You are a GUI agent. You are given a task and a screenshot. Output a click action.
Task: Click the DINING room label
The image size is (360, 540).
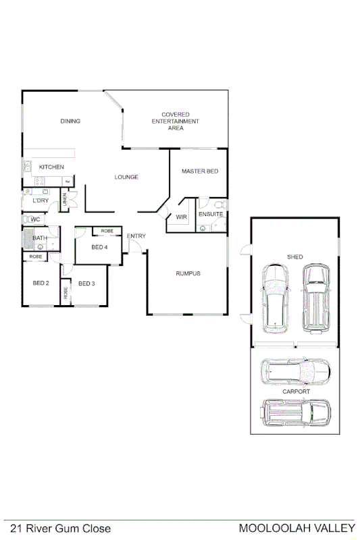(x=70, y=122)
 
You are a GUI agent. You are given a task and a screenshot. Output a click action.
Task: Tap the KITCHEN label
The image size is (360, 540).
(x=51, y=167)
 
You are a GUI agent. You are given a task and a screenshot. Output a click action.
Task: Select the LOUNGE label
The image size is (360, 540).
(x=126, y=177)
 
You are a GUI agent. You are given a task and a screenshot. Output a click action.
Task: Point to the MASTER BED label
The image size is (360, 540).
(x=200, y=171)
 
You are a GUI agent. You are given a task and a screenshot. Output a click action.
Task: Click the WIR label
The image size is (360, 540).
(x=181, y=217)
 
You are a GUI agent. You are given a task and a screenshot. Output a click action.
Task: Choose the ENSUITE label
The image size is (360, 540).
(x=211, y=214)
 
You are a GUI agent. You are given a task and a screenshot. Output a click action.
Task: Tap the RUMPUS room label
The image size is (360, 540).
(x=188, y=273)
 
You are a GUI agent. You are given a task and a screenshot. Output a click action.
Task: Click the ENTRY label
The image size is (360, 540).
(x=136, y=236)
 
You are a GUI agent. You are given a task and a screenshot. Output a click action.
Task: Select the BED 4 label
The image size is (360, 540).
(x=100, y=247)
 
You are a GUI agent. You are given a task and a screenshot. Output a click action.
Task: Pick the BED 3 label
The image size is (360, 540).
(x=86, y=283)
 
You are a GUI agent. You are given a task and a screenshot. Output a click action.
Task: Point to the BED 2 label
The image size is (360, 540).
(x=41, y=283)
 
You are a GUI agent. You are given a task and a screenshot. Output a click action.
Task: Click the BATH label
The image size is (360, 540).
(x=40, y=238)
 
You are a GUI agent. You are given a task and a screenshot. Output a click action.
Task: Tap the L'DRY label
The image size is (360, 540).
(x=41, y=200)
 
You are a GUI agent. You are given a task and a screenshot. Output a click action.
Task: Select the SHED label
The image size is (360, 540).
(x=295, y=257)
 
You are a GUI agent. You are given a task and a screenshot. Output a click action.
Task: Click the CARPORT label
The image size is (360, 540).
(x=297, y=391)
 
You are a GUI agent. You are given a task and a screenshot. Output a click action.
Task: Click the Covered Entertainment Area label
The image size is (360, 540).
(x=176, y=121)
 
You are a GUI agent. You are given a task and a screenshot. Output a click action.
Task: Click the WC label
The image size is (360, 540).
(x=36, y=219)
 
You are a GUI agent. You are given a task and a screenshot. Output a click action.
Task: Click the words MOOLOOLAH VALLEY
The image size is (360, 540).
(x=297, y=529)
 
